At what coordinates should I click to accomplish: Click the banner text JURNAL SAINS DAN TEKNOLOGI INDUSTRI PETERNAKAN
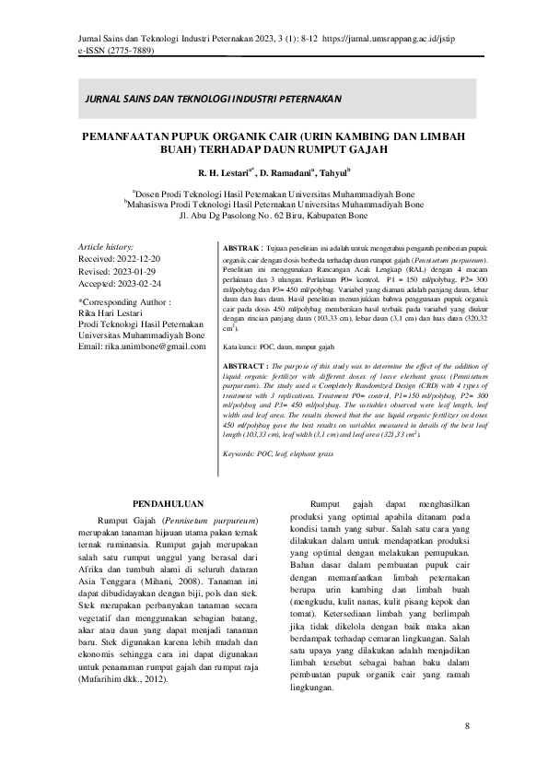coord(213,98)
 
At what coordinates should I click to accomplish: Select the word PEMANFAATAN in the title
coord(134,135)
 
